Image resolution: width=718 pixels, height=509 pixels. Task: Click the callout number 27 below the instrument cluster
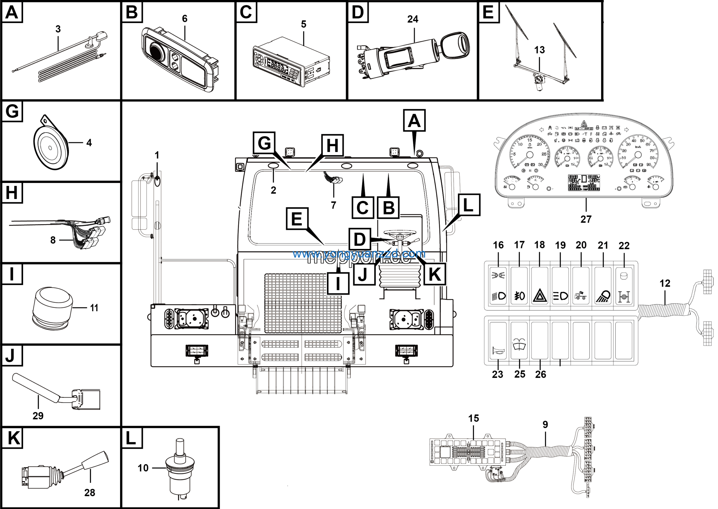click(586, 219)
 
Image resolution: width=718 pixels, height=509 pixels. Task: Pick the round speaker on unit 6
click(156, 51)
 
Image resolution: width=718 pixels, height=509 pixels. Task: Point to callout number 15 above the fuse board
click(473, 418)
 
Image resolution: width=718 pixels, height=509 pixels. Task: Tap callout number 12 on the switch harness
click(665, 283)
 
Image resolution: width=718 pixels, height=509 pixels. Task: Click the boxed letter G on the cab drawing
click(264, 143)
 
